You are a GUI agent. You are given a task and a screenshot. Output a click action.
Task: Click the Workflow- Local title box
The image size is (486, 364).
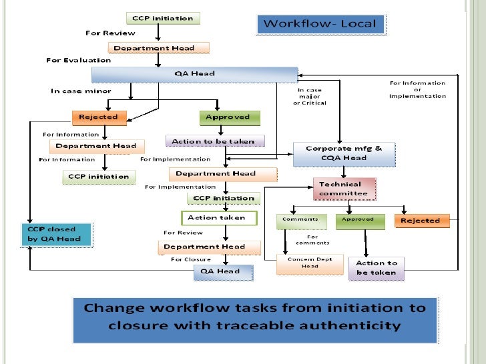pyautogui.click(x=320, y=24)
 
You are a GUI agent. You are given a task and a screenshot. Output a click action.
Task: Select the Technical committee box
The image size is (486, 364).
pyautogui.click(x=344, y=189)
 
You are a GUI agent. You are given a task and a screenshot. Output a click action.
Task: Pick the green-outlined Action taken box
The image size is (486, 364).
pyautogui.click(x=216, y=217)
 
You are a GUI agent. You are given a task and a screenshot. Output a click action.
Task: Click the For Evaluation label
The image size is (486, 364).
pyautogui.click(x=78, y=61)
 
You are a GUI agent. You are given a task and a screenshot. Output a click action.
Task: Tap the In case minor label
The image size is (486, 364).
pyautogui.click(x=81, y=91)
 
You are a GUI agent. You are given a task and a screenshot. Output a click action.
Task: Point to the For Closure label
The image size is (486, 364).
pyautogui.click(x=190, y=259)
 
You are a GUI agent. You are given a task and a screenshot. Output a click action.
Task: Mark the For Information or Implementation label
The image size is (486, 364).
pyautogui.click(x=417, y=89)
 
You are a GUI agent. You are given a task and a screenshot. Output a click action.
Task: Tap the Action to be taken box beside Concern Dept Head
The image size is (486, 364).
pyautogui.click(x=376, y=267)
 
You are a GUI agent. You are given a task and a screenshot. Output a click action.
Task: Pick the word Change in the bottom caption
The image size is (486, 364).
pyautogui.click(x=117, y=309)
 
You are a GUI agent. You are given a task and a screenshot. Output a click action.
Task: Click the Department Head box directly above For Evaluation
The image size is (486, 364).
pyautogui.click(x=158, y=48)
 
